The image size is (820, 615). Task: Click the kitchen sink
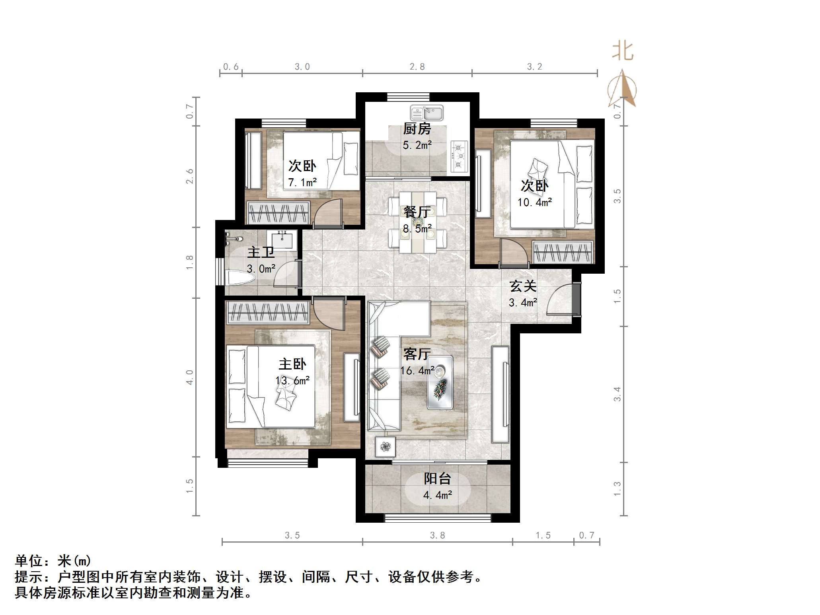tap(427, 113)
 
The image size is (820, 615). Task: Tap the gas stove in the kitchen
tap(459, 156)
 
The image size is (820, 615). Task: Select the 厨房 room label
tap(417, 129)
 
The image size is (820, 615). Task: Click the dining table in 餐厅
tap(417, 222)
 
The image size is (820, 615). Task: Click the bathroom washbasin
tap(282, 240)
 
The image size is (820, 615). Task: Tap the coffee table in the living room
tap(440, 382)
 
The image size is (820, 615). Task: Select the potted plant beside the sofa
tap(385, 447)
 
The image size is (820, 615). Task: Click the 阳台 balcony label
tap(437, 479)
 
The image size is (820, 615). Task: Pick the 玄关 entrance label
tap(523, 286)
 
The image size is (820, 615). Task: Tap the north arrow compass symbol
tap(622, 89)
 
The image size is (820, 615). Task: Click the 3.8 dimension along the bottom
tap(437, 535)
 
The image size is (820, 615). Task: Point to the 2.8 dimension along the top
tap(417, 67)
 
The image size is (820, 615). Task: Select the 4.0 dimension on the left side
tap(190, 377)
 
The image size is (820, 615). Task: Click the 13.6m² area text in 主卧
tap(292, 381)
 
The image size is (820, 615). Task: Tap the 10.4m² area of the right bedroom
tap(534, 202)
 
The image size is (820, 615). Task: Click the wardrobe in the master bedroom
tap(268, 312)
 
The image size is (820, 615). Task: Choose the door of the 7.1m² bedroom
tap(329, 213)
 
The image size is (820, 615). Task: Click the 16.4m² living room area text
tap(417, 371)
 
